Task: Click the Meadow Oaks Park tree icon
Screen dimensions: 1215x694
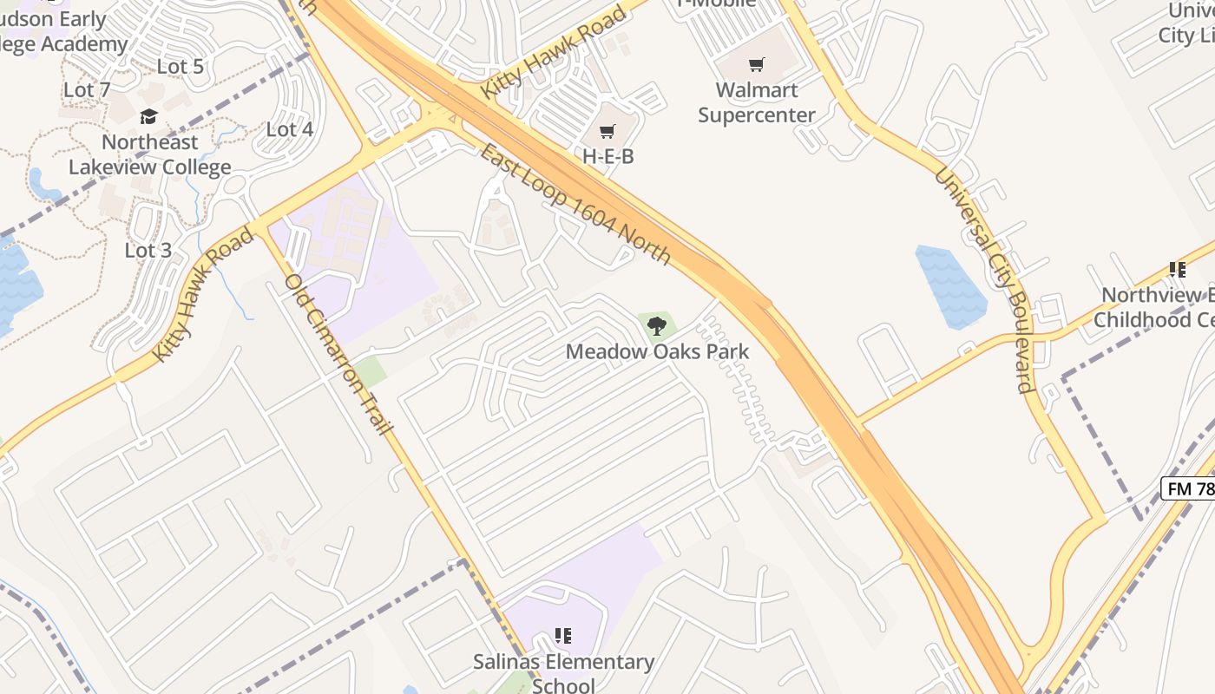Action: click(657, 326)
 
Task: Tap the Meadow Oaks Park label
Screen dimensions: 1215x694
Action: click(657, 351)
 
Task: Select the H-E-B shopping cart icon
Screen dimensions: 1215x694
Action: click(607, 132)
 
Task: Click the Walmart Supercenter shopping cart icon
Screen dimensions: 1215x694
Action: click(757, 64)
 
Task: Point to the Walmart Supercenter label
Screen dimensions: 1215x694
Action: click(757, 102)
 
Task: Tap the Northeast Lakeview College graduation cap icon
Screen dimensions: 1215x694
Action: click(149, 117)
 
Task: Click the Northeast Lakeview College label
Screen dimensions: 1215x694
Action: click(149, 154)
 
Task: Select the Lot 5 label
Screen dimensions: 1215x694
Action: click(180, 67)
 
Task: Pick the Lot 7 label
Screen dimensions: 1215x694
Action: click(87, 89)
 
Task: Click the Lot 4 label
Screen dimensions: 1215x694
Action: click(289, 129)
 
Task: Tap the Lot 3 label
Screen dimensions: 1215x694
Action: click(148, 251)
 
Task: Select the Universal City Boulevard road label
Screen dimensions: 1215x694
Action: click(984, 278)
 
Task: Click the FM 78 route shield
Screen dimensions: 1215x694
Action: click(1189, 488)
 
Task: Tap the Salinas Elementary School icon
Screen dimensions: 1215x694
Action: click(563, 636)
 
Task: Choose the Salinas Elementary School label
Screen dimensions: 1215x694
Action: click(563, 673)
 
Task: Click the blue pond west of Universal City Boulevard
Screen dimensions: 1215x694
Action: click(951, 286)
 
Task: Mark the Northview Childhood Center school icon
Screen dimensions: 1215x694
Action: click(1177, 270)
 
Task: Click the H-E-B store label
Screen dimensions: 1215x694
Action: click(607, 156)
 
